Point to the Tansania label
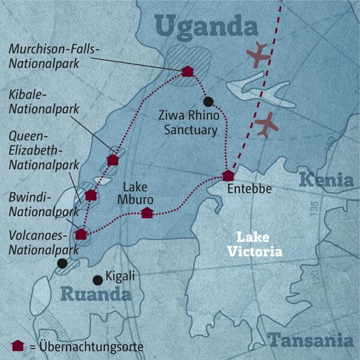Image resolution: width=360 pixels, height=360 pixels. (x=310, y=341)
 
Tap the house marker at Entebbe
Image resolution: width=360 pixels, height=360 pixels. (x=228, y=176)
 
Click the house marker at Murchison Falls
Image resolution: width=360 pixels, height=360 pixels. (x=187, y=71)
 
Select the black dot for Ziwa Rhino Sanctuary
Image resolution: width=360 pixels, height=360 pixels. (x=208, y=101)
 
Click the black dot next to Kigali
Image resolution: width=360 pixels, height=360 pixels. (x=97, y=279)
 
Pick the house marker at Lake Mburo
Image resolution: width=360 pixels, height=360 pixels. (x=146, y=212)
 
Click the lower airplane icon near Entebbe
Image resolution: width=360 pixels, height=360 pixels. (x=265, y=124)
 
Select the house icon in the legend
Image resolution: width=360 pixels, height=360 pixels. (x=18, y=345)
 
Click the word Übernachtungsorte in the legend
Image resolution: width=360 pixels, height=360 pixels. (x=92, y=346)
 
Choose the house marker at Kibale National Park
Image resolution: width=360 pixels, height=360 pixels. (x=112, y=160)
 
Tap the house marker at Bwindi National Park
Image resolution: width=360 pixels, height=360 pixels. (x=80, y=234)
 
